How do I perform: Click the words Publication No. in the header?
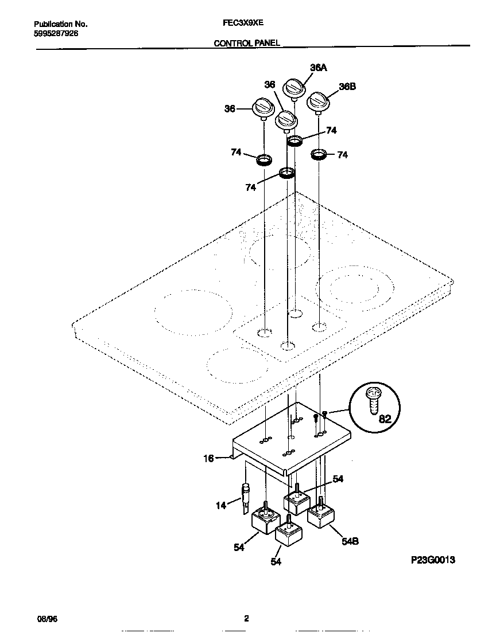pyautogui.click(x=61, y=24)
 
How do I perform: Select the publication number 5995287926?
pyautogui.click(x=56, y=33)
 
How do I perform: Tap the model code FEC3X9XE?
pyautogui.click(x=243, y=24)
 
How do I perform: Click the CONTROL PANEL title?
pyautogui.click(x=247, y=43)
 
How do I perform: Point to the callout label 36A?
pyautogui.click(x=318, y=68)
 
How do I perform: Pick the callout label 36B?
pyautogui.click(x=347, y=87)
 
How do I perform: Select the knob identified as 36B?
pyautogui.click(x=318, y=103)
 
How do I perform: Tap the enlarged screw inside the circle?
pyautogui.click(x=372, y=400)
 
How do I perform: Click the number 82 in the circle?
pyautogui.click(x=385, y=419)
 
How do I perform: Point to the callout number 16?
pyautogui.click(x=209, y=458)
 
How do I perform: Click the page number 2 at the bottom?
pyautogui.click(x=246, y=619)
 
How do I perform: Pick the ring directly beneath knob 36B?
pyautogui.click(x=319, y=154)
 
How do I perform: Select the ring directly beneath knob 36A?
pyautogui.click(x=294, y=141)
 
